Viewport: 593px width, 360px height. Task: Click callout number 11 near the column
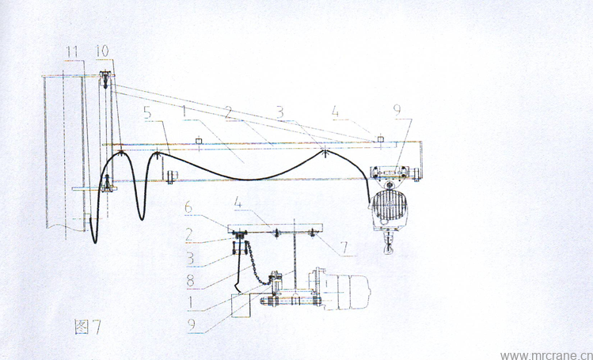tap(71, 51)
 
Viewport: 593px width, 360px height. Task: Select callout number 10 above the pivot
tap(102, 51)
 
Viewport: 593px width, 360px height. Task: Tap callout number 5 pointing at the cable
tap(147, 113)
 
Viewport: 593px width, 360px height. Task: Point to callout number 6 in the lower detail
tap(188, 207)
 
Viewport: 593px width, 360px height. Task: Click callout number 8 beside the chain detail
tap(190, 281)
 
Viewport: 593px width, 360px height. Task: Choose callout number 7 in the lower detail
tap(344, 248)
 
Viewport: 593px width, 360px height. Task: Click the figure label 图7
tap(88, 327)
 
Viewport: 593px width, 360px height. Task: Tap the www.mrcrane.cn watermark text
tap(546, 355)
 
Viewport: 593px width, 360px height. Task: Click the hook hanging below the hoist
tap(388, 245)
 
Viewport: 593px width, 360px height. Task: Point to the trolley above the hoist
tap(390, 172)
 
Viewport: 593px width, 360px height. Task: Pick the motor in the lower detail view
tap(340, 290)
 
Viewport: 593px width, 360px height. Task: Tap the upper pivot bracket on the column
tap(105, 79)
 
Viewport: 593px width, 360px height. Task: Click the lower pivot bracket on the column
tap(107, 184)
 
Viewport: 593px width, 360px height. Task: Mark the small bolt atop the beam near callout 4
tap(381, 139)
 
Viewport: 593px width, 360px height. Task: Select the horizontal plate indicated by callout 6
tap(276, 229)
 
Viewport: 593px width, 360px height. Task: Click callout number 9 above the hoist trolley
tap(397, 110)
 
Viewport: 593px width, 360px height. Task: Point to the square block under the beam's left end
tap(173, 176)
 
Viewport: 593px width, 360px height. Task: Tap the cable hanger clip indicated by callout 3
tap(325, 153)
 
